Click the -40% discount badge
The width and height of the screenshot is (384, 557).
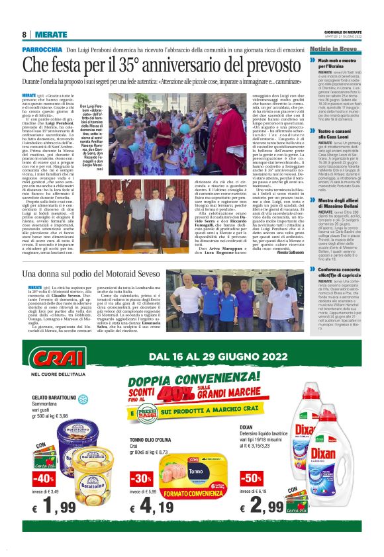[x=44, y=478]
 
